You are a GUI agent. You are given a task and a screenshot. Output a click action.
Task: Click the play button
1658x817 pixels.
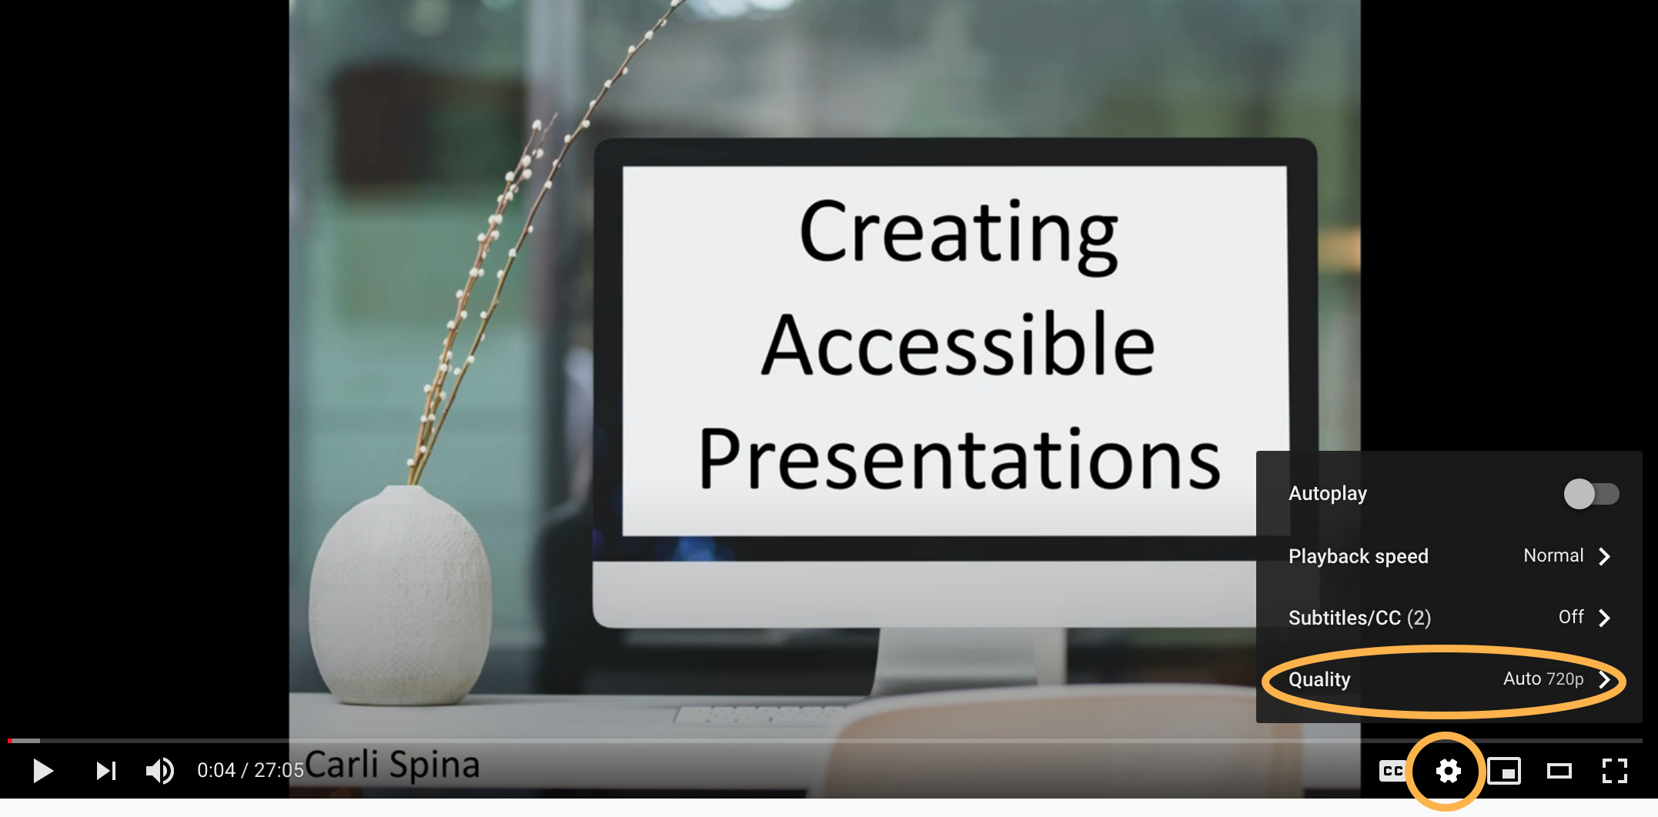(x=43, y=770)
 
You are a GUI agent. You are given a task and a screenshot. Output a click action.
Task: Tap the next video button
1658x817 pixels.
(x=106, y=770)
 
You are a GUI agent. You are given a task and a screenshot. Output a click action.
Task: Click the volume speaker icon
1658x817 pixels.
(x=160, y=770)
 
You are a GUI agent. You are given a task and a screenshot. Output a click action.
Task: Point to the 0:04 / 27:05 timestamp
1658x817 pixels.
(x=250, y=770)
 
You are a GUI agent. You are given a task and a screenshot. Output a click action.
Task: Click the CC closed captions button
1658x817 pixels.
(x=1392, y=770)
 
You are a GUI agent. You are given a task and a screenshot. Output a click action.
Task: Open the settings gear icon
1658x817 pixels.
(x=1448, y=770)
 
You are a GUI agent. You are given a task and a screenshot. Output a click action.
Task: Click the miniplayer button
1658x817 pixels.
(x=1504, y=770)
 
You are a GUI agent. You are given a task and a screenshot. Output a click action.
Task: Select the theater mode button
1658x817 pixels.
(x=1559, y=770)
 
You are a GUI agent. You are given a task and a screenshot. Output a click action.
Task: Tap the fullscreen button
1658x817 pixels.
(x=1614, y=770)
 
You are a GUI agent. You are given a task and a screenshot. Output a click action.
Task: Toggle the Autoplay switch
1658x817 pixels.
(x=1591, y=494)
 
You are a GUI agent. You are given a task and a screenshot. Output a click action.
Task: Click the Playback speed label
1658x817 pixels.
(x=1359, y=556)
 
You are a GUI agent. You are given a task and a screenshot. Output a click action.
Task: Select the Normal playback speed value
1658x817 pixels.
(x=1553, y=555)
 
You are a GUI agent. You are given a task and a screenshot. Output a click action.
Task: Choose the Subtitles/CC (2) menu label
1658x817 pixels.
(x=1359, y=618)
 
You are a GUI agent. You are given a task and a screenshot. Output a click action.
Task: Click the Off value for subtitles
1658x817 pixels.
(x=1571, y=617)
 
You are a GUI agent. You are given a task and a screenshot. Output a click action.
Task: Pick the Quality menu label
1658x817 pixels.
(x=1319, y=679)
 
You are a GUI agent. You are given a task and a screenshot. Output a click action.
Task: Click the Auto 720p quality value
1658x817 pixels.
(x=1543, y=679)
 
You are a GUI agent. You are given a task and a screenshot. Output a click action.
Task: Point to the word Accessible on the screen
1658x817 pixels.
(x=958, y=345)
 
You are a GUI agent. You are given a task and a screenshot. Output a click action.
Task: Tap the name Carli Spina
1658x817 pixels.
(x=393, y=765)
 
